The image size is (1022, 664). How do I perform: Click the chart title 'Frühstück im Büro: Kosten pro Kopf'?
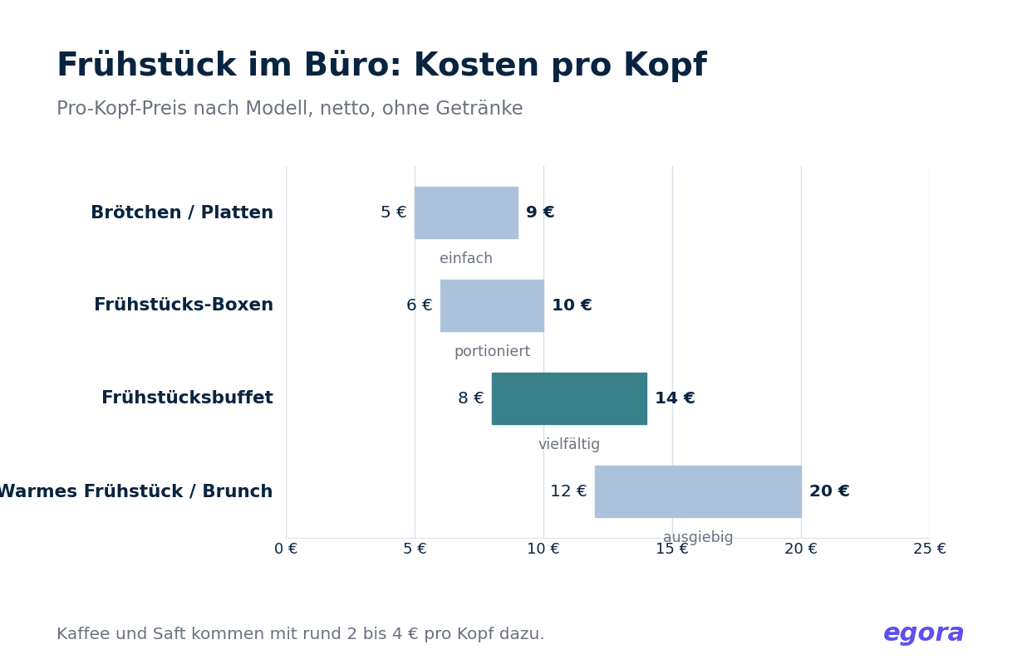[x=381, y=66]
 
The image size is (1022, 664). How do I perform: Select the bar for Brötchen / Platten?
[x=466, y=212]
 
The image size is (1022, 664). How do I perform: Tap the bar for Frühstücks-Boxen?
[x=492, y=305]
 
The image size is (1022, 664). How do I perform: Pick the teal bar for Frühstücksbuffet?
[x=569, y=398]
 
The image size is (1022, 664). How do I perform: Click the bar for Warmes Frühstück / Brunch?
[x=698, y=491]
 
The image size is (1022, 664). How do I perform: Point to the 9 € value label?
[x=540, y=212]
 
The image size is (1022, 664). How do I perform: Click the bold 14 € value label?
[x=675, y=398]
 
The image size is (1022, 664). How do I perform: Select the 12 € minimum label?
[x=568, y=491]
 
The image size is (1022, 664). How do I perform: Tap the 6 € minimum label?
[x=420, y=305]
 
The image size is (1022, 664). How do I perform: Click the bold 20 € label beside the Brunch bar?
[x=829, y=491]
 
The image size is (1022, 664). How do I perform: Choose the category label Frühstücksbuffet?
[x=187, y=398]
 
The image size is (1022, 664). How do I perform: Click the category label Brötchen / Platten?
[x=182, y=212]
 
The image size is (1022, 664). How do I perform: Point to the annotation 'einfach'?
[x=466, y=258]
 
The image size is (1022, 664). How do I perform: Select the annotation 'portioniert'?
[x=492, y=352]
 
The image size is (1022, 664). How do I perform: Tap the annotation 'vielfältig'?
[x=569, y=444]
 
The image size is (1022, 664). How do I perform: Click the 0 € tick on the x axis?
[x=286, y=549]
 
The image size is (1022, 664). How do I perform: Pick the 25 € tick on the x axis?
[x=930, y=549]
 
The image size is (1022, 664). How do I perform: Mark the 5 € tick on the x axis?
[x=415, y=549]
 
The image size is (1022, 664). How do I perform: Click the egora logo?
[x=923, y=634]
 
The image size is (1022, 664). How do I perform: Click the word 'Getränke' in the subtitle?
[x=479, y=109]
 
